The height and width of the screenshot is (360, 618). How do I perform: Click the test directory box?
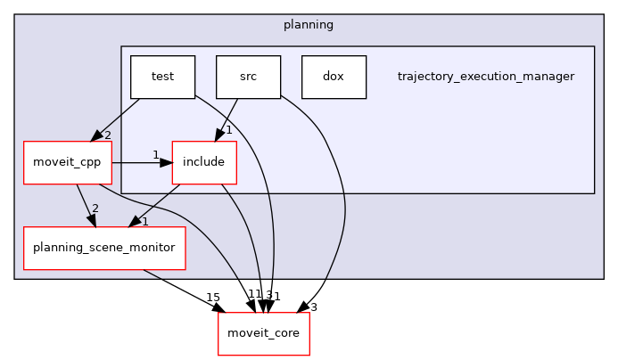point(162,77)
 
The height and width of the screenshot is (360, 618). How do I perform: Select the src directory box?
point(248,77)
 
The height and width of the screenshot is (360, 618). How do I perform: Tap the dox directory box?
point(334,77)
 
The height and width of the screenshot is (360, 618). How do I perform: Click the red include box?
point(204,163)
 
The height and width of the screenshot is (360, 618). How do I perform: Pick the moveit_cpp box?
point(67,163)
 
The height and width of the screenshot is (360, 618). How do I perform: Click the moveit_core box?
point(263,334)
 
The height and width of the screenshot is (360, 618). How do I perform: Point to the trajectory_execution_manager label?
point(485,77)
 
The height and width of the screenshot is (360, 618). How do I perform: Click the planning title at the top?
point(309,25)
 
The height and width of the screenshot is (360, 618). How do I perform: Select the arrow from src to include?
point(227,119)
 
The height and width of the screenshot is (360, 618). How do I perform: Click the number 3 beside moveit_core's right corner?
point(313,307)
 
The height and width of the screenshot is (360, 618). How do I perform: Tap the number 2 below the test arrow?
point(107,135)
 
